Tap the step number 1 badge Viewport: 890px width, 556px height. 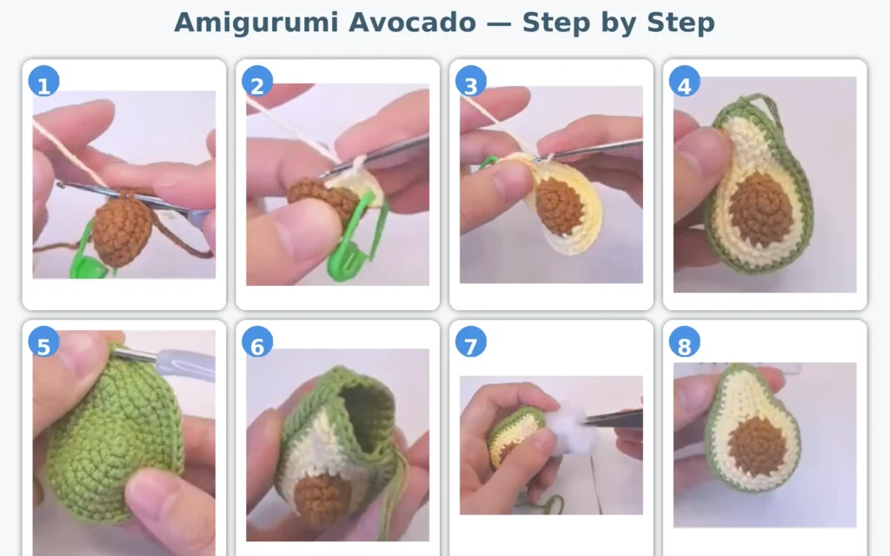tap(43, 83)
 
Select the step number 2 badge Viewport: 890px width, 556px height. tap(257, 83)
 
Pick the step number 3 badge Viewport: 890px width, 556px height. tap(471, 83)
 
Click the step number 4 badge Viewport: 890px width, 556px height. tap(684, 83)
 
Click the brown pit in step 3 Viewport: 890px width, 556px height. tap(559, 207)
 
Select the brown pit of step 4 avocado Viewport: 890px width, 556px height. tap(760, 208)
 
